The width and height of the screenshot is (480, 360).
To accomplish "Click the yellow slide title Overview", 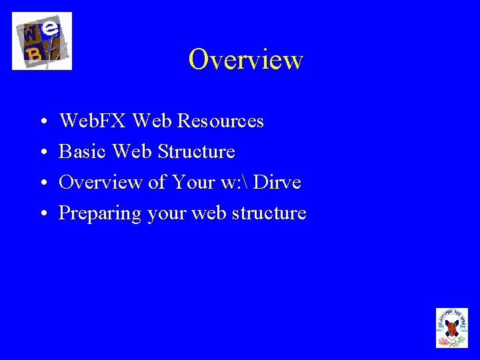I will click(245, 59).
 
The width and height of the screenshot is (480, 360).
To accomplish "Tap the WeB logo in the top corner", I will click(41, 41).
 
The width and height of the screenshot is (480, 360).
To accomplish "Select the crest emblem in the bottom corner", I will click(451, 327).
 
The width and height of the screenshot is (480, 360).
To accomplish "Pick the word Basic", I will click(83, 151).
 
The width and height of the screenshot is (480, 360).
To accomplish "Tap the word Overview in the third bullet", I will click(101, 182).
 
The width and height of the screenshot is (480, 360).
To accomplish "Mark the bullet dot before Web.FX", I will click(42, 123).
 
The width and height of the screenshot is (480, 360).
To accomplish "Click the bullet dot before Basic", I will click(42, 153).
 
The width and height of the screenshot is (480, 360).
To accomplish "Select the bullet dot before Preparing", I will click(42, 215).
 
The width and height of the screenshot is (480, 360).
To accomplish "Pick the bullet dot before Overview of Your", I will click(42, 184).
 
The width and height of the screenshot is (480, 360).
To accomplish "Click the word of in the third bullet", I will click(157, 182).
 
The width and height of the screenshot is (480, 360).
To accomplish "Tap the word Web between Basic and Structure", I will click(132, 151).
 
